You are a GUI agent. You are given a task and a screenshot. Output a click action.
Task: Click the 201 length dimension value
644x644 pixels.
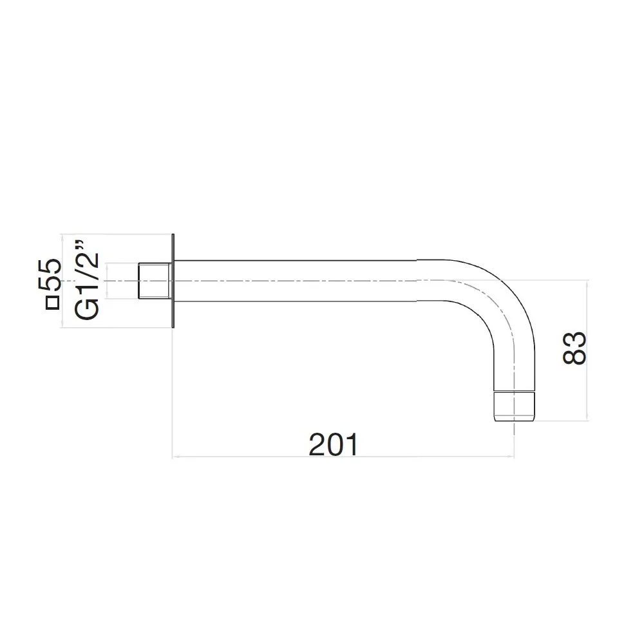333,444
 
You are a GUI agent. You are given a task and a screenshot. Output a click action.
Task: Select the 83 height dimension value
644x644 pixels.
574,348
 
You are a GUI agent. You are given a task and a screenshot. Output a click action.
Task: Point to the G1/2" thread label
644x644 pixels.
88,279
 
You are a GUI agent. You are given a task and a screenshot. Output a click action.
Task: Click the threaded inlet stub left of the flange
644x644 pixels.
155,281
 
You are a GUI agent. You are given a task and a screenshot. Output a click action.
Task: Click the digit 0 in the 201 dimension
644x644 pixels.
333,444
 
